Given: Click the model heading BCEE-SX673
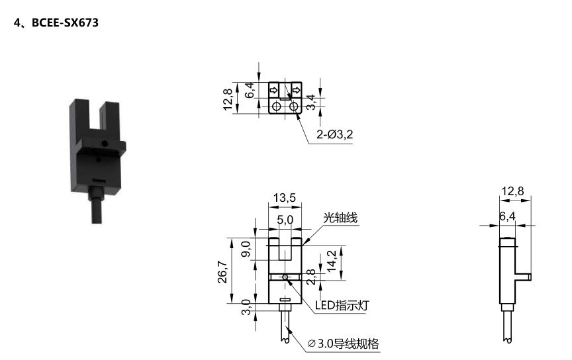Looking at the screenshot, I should (56, 23).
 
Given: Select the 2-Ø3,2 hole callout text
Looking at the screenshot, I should (334, 135).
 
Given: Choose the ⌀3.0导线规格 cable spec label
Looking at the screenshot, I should (344, 344).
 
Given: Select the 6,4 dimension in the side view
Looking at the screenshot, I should (507, 216).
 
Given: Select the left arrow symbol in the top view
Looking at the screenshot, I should (273, 90).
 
